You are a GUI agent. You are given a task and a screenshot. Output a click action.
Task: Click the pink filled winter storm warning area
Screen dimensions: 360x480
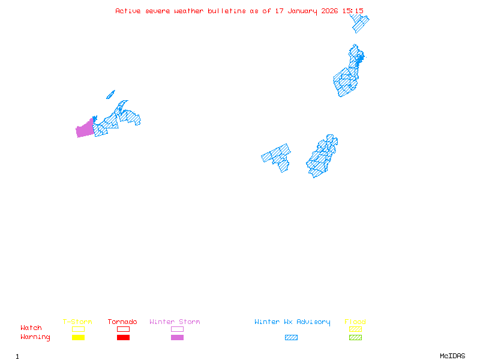point(85,128)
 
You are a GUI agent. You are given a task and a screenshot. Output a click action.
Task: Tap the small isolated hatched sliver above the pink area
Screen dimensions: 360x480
point(110,94)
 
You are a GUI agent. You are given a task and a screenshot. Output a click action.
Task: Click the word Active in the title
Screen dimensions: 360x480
point(127,11)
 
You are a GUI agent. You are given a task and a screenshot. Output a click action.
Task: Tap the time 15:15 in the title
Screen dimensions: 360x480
point(353,11)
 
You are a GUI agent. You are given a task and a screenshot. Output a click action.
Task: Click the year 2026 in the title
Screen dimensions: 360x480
point(329,11)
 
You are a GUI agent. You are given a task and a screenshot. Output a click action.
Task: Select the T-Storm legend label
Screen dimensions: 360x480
point(77,322)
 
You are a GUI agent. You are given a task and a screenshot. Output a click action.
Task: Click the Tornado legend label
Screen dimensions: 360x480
point(122,322)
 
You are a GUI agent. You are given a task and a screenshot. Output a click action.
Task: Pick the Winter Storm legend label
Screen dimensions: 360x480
point(175,322)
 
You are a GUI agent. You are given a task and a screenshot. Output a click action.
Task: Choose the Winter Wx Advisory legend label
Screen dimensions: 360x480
point(292,322)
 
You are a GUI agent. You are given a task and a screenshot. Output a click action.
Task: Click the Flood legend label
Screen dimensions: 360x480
point(355,322)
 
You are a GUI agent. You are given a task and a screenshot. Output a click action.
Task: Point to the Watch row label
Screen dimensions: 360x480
point(31,328)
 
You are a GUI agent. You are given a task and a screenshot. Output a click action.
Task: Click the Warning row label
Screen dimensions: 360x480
point(35,337)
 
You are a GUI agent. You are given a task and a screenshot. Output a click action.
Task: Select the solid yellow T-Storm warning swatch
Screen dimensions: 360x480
point(78,337)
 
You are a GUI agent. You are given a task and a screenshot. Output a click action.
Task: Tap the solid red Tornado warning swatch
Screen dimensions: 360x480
point(123,337)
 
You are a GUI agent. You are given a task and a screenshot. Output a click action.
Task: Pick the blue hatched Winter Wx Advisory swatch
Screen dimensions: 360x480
point(291,337)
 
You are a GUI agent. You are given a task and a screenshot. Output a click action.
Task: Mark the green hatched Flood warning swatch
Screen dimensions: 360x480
point(355,337)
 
